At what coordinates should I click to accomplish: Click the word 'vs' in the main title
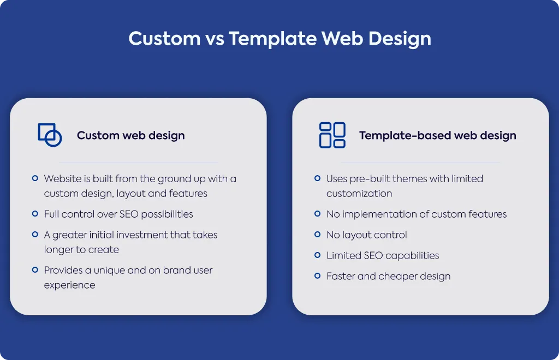(215, 39)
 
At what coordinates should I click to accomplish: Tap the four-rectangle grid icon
(332, 135)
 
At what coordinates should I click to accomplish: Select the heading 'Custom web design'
(131, 135)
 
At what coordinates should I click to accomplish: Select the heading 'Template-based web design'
(437, 135)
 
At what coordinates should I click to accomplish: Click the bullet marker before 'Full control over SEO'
(35, 214)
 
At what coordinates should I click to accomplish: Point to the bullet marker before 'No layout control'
(317, 235)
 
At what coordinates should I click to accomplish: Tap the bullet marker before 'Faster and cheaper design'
(317, 276)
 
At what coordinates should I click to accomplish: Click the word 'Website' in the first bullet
(63, 178)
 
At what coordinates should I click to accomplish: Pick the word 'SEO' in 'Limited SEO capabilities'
(373, 255)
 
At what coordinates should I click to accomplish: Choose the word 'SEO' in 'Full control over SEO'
(129, 214)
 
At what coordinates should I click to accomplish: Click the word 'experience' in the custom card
(69, 285)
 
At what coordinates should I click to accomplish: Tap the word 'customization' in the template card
(359, 193)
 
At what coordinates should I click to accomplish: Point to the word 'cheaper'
(397, 277)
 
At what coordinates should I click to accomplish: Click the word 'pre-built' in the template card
(370, 179)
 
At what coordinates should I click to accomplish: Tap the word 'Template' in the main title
(272, 39)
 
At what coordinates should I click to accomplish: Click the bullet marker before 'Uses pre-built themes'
(317, 178)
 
